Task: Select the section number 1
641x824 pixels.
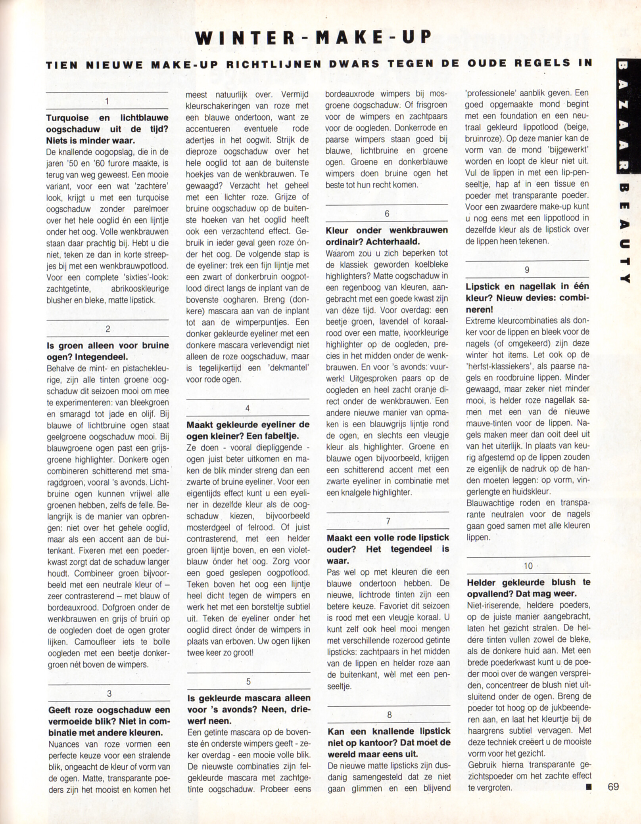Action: pos(107,101)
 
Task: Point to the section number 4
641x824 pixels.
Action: pos(248,408)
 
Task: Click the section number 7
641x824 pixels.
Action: pos(388,521)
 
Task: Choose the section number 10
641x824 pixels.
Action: pos(528,566)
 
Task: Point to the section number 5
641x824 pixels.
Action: pos(248,682)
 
